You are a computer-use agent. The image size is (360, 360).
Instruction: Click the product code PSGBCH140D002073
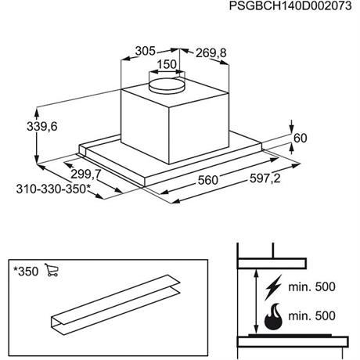click(x=290, y=6)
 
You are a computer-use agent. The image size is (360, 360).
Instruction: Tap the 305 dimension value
click(x=146, y=51)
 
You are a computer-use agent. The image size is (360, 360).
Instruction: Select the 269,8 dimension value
click(x=211, y=53)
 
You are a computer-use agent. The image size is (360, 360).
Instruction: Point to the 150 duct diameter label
click(x=167, y=64)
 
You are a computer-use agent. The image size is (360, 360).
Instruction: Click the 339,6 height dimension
click(x=42, y=127)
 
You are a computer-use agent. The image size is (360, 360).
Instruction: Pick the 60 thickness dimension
click(x=301, y=138)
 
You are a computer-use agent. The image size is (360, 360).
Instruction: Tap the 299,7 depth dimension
click(x=86, y=175)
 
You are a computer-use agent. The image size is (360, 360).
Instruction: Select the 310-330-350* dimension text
click(x=53, y=189)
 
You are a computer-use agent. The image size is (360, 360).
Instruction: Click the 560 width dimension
click(x=208, y=180)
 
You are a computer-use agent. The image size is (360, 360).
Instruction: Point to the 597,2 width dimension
click(x=265, y=178)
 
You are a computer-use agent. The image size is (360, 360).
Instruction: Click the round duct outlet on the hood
click(x=167, y=85)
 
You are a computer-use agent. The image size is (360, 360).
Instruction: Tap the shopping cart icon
click(x=52, y=270)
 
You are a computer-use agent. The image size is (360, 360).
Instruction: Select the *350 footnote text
click(x=26, y=272)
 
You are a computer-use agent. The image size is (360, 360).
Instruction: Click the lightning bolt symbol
click(x=273, y=287)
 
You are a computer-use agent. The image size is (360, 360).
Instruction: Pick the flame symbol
click(x=273, y=316)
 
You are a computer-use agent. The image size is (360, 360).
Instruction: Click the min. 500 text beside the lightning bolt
click(x=311, y=286)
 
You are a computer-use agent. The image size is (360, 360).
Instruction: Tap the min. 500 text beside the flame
click(x=311, y=316)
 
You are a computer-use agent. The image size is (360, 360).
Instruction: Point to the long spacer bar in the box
click(x=115, y=305)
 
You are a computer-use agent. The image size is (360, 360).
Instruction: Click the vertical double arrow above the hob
click(x=257, y=301)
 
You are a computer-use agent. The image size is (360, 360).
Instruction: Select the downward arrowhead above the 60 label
click(x=292, y=128)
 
